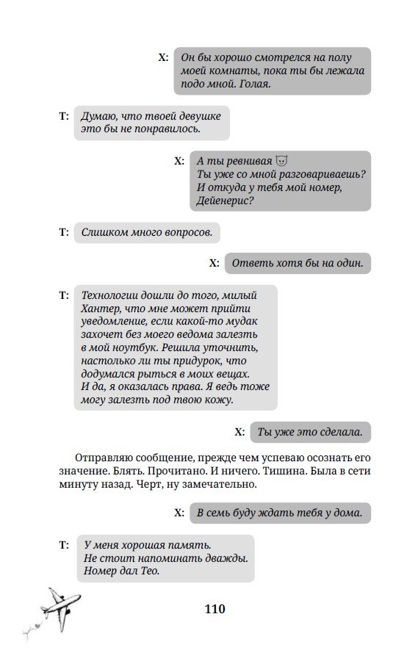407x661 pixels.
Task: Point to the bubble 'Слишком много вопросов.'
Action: (x=147, y=232)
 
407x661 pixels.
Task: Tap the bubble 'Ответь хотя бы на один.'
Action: (x=298, y=263)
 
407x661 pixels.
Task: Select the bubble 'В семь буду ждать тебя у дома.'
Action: (x=280, y=513)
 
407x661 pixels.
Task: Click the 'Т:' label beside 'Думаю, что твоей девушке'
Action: (x=64, y=116)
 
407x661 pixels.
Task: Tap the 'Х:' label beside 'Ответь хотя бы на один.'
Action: (x=214, y=263)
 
